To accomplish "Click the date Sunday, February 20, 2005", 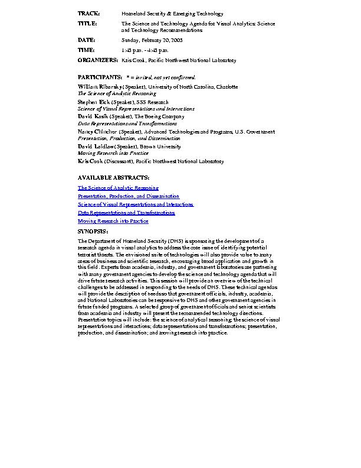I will tap(152, 40).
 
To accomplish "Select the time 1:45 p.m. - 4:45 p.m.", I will tap(146, 51).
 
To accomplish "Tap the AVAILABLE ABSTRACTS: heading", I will tap(114, 178).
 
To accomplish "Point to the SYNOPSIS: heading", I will tap(93, 232).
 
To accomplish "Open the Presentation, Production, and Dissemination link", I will tap(129, 196).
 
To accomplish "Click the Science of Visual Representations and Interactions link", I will tap(136, 204).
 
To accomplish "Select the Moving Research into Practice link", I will tap(113, 221).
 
